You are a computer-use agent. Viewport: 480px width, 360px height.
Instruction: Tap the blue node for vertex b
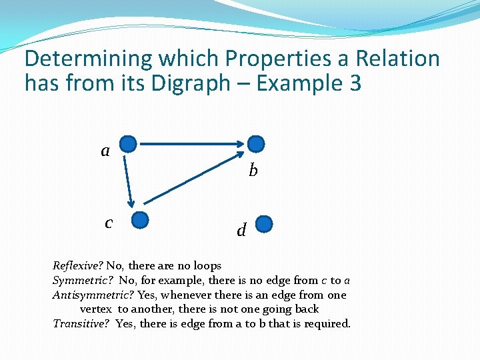point(256,144)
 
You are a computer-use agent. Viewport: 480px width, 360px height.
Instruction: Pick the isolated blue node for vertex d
point(265,223)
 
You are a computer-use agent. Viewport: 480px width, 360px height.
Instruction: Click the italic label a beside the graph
point(105,151)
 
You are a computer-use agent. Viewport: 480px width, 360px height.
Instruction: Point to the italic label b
point(253,171)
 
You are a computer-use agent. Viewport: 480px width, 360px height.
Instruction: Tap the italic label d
point(241,231)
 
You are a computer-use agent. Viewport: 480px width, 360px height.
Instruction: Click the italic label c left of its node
point(109,222)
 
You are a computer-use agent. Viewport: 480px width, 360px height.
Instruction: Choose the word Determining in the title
point(88,59)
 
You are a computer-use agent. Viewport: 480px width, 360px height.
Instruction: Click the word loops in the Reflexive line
point(207,265)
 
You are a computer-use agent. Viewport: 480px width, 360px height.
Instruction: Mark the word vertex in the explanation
point(95,309)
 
